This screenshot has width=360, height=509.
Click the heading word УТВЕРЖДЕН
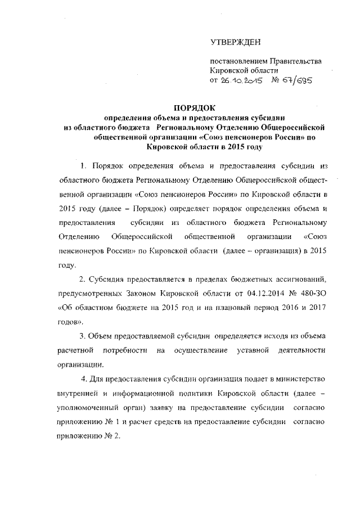pyautogui.click(x=235, y=42)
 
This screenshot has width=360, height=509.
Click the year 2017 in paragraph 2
pyautogui.click(x=316, y=308)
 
